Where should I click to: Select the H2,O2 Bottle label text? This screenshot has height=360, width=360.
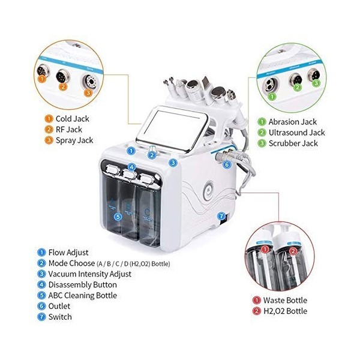tap(284, 311)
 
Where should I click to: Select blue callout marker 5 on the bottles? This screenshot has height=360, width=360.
tap(118, 217)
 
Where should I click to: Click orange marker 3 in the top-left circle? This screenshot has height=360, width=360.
tap(88, 93)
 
